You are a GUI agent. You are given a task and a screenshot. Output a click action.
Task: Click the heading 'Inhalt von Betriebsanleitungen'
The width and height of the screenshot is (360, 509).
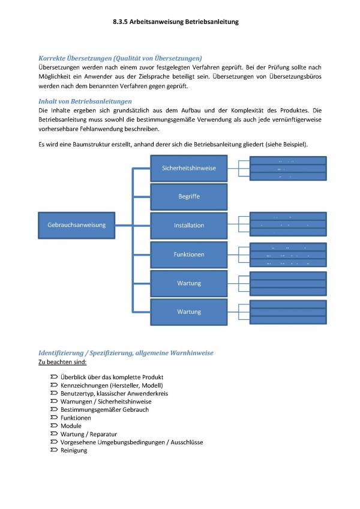point(85,101)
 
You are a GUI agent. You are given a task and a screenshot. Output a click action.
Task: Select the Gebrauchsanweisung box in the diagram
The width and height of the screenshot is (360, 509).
point(76,225)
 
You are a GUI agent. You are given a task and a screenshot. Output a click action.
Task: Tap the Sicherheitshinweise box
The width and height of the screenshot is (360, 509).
point(188,168)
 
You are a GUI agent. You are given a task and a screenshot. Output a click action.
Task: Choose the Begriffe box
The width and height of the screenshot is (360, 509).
point(188,197)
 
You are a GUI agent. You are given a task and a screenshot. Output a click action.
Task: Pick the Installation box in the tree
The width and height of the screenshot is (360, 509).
point(188,226)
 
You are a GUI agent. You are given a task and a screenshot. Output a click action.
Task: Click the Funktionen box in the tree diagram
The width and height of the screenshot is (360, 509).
point(188,254)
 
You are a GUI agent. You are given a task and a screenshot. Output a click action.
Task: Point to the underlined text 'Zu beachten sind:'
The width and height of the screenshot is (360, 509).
point(62,362)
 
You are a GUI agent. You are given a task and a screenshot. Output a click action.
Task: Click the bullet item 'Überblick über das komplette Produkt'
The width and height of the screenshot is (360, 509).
point(112,376)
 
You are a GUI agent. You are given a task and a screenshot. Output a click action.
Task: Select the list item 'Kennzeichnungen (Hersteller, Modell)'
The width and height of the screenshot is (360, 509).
point(112,385)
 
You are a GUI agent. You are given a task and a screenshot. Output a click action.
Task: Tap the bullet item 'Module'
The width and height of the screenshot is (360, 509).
point(71,426)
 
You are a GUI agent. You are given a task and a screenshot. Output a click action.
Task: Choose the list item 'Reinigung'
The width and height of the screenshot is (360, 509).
point(74,450)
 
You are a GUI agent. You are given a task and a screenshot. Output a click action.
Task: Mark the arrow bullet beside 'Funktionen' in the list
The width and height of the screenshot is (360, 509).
point(53,418)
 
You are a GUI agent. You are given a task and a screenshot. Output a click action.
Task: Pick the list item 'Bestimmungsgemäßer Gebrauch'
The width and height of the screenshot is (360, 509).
point(104,409)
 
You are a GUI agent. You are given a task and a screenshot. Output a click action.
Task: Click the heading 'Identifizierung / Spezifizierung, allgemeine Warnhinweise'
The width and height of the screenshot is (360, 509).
point(125,353)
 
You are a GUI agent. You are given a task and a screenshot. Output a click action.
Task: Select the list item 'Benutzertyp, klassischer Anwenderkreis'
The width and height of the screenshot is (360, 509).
point(114,393)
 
